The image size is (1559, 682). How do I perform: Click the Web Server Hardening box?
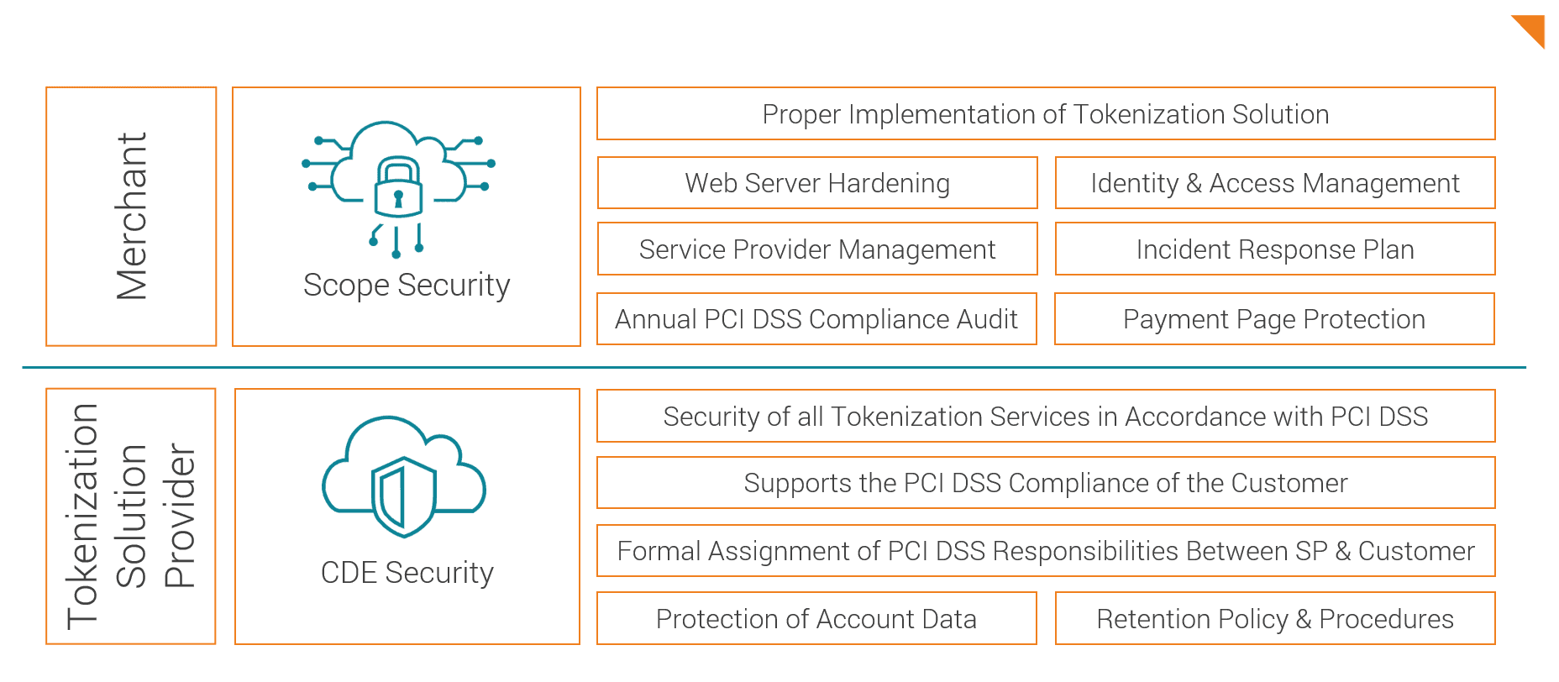[x=817, y=183]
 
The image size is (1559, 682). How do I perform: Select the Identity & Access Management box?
[x=1274, y=183]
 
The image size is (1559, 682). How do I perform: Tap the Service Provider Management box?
[x=817, y=249]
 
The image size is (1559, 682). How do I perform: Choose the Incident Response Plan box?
[x=1274, y=249]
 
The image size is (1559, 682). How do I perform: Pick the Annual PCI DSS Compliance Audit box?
[x=816, y=319]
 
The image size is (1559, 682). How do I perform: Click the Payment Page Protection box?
[x=1273, y=319]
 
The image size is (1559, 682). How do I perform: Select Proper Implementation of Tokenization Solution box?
[x=1046, y=114]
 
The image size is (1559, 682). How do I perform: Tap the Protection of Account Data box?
[x=816, y=619]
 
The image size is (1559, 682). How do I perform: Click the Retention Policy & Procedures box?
[x=1274, y=619]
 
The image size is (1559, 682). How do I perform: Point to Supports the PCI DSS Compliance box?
[x=1046, y=483]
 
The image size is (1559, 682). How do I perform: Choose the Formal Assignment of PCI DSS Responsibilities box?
[x=1046, y=551]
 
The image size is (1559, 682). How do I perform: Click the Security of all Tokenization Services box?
[x=1046, y=417]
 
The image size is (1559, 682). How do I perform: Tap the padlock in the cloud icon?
[x=397, y=187]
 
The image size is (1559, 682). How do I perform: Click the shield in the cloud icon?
[x=404, y=496]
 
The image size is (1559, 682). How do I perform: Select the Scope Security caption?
[x=407, y=286]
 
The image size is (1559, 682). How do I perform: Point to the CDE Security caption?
[x=407, y=573]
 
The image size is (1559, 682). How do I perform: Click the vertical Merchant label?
[x=132, y=216]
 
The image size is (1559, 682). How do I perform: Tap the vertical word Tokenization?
[x=83, y=517]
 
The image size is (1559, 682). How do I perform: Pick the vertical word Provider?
[x=180, y=517]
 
